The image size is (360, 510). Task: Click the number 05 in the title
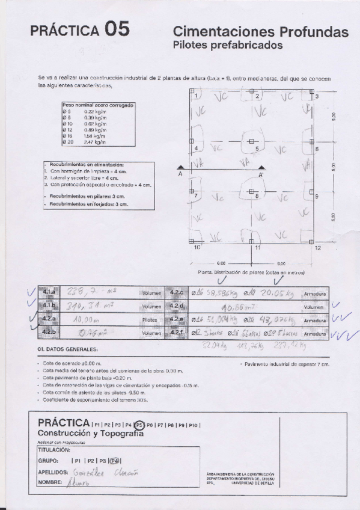coord(116,29)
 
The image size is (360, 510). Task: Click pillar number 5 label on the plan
coord(257,149)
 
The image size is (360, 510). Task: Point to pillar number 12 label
coord(317,248)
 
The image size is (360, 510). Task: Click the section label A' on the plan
coord(261,174)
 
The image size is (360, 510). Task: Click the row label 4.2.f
coord(177,332)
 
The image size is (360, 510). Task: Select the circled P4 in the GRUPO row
coord(115,461)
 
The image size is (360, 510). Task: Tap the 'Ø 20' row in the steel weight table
coord(67,142)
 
